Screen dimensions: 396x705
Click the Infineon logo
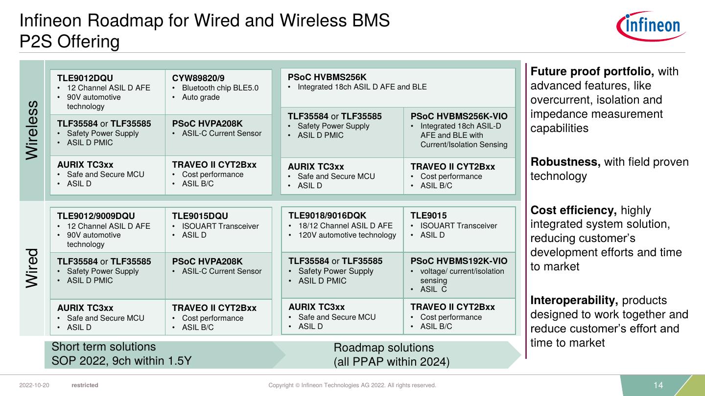pyautogui.click(x=651, y=26)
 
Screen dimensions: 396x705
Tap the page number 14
pyautogui.click(x=658, y=385)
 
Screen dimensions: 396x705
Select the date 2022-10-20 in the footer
pyautogui.click(x=34, y=385)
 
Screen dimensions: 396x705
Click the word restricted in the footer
pyautogui.click(x=85, y=385)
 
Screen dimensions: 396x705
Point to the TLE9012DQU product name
pyautogui.click(x=85, y=78)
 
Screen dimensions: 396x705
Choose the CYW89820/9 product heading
pyautogui.click(x=198, y=78)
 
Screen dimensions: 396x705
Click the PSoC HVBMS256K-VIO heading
pyautogui.click(x=459, y=116)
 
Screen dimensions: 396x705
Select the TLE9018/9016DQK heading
pyautogui.click(x=327, y=216)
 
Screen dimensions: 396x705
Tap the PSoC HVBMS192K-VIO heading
pyautogui.click(x=459, y=261)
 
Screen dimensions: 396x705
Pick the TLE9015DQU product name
pyautogui.click(x=200, y=216)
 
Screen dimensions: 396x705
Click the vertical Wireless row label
pyautogui.click(x=32, y=130)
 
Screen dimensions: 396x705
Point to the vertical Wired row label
pyautogui.click(x=32, y=268)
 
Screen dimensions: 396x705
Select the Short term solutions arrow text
pyautogui.click(x=104, y=347)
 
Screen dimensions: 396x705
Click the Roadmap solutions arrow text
pyautogui.click(x=383, y=348)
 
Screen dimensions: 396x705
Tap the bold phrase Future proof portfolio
pyautogui.click(x=592, y=71)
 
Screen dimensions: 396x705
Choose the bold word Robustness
pyautogui.click(x=565, y=162)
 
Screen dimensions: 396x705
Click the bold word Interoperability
pyautogui.click(x=574, y=300)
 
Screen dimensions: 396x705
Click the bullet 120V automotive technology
pyautogui.click(x=347, y=235)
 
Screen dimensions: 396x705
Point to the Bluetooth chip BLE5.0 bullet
pyautogui.click(x=220, y=88)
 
